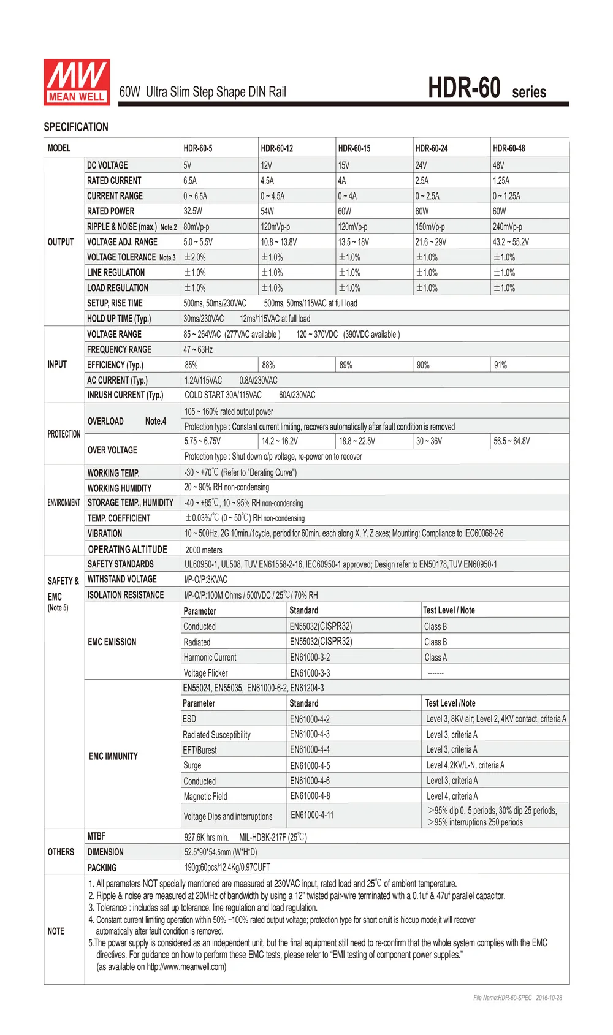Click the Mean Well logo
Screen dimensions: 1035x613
(77, 82)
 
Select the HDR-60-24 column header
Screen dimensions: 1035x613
(432, 148)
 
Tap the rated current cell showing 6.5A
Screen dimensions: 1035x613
(190, 181)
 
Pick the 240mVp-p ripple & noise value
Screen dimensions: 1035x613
(508, 227)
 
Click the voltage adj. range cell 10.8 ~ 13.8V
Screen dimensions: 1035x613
(279, 242)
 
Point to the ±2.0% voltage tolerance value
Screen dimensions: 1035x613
(195, 257)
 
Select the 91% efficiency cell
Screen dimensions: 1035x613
(500, 365)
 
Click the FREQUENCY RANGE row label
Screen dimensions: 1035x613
(119, 349)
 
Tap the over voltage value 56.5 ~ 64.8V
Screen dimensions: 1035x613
(512, 441)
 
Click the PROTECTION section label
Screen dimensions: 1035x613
(64, 434)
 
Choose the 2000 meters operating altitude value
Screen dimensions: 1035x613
(204, 550)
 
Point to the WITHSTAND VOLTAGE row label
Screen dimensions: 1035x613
(122, 579)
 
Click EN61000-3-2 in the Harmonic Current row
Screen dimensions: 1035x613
(310, 658)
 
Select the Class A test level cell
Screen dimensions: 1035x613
(435, 658)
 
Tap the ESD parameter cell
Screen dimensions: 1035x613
(189, 719)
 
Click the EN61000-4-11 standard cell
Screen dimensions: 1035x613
(312, 815)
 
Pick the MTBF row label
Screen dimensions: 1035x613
(96, 836)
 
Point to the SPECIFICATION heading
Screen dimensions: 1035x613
(76, 127)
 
